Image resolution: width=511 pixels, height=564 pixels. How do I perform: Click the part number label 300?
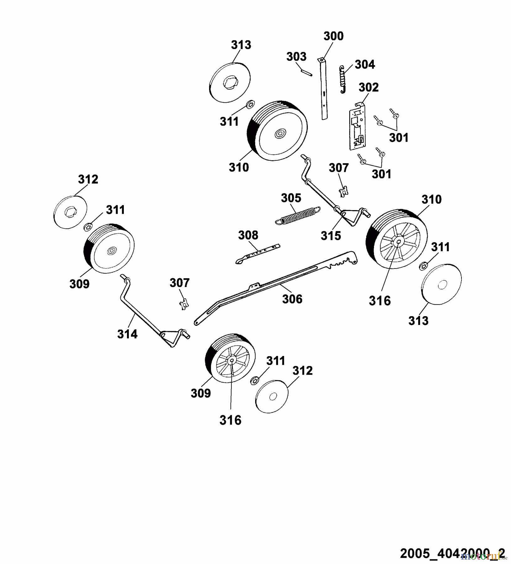333,36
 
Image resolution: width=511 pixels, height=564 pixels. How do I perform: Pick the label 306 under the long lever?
292,299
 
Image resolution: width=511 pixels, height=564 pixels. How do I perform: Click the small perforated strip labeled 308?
258,253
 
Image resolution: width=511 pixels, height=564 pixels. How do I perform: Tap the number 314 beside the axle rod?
127,334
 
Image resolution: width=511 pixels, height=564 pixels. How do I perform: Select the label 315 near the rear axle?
331,236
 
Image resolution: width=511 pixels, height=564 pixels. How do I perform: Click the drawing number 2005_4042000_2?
452,553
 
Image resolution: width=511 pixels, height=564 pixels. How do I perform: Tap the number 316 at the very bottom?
230,420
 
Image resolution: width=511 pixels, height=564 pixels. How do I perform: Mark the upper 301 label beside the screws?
398,138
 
